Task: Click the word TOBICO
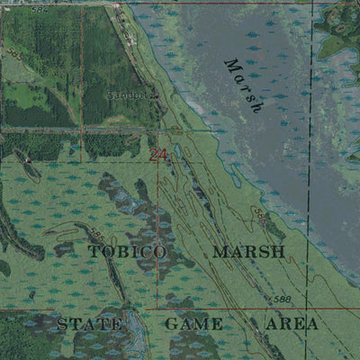click(x=127, y=252)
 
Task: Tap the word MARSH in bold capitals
click(x=248, y=252)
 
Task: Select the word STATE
click(x=89, y=323)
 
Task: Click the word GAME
click(x=193, y=323)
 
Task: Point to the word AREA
click(x=292, y=323)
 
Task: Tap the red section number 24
click(x=158, y=156)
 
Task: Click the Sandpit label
click(x=124, y=94)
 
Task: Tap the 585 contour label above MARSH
click(x=261, y=217)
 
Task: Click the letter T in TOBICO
click(x=93, y=252)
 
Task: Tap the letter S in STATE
click(x=62, y=323)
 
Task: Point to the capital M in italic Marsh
click(x=231, y=67)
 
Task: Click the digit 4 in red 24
click(x=163, y=156)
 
